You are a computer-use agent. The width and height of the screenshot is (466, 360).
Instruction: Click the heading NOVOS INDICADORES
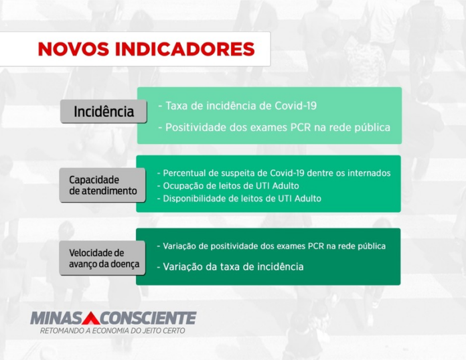[x=146, y=50]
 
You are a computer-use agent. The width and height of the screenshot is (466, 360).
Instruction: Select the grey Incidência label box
[x=104, y=111]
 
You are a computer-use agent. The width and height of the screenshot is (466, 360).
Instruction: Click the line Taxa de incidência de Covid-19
[x=237, y=106]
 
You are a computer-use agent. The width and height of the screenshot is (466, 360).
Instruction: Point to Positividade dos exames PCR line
[x=274, y=127]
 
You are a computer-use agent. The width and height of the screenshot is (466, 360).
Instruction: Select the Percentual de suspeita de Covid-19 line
[x=273, y=173]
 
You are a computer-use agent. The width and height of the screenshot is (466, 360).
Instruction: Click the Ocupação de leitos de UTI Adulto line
[x=227, y=185]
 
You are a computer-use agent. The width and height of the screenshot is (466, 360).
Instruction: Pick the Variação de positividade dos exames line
[x=270, y=246]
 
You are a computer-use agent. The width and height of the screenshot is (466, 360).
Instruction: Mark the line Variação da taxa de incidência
[x=230, y=266]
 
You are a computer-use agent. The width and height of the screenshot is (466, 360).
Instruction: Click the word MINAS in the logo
[x=56, y=318]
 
